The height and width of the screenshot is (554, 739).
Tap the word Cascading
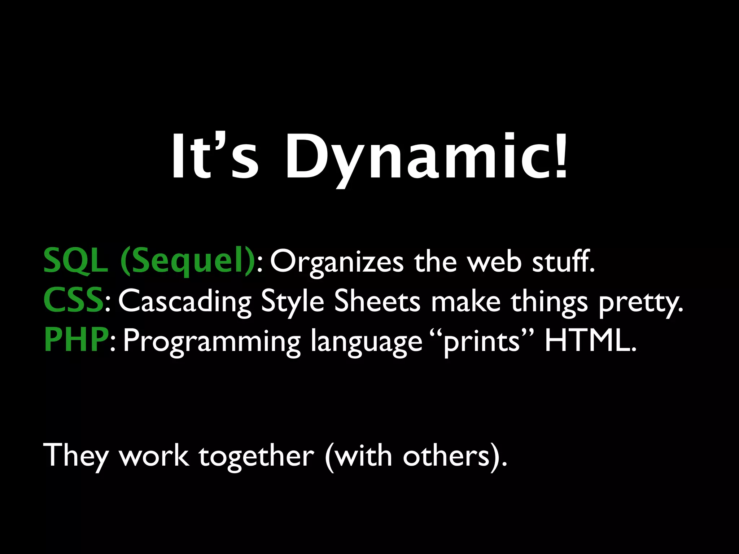pyautogui.click(x=184, y=301)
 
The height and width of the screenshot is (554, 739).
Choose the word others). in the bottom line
pyautogui.click(x=455, y=456)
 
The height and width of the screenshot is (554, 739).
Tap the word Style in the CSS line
pyautogui.click(x=292, y=301)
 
